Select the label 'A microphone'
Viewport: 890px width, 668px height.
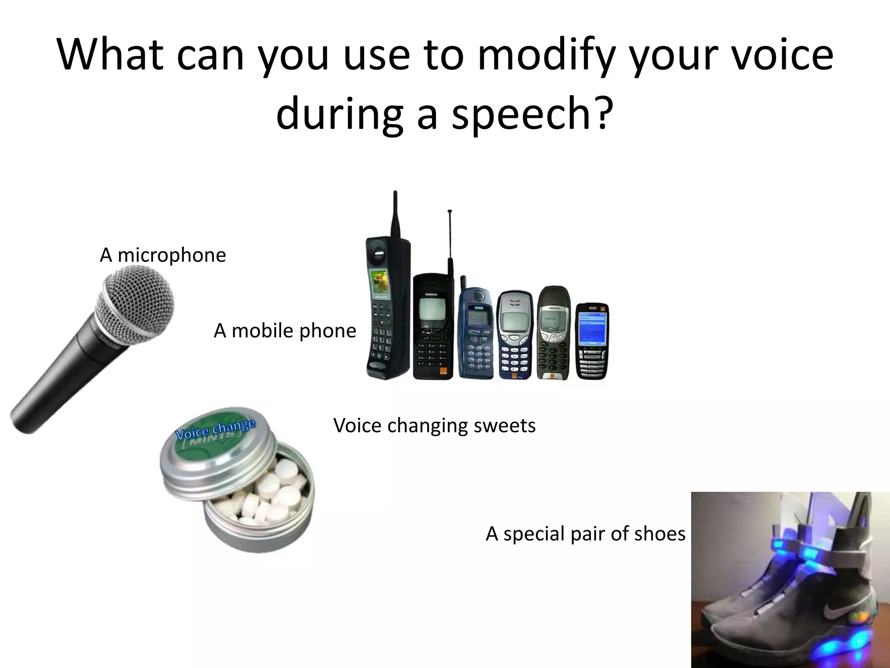click(163, 255)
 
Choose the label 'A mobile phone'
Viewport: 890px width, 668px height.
click(285, 331)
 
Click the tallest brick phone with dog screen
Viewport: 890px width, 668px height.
click(387, 313)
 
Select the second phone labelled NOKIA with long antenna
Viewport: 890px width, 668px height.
click(432, 326)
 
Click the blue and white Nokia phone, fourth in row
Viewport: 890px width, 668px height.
click(515, 335)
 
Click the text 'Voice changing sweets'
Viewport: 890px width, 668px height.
click(434, 425)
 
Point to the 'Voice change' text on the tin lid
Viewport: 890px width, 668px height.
click(215, 429)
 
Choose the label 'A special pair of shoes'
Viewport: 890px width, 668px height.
click(585, 534)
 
